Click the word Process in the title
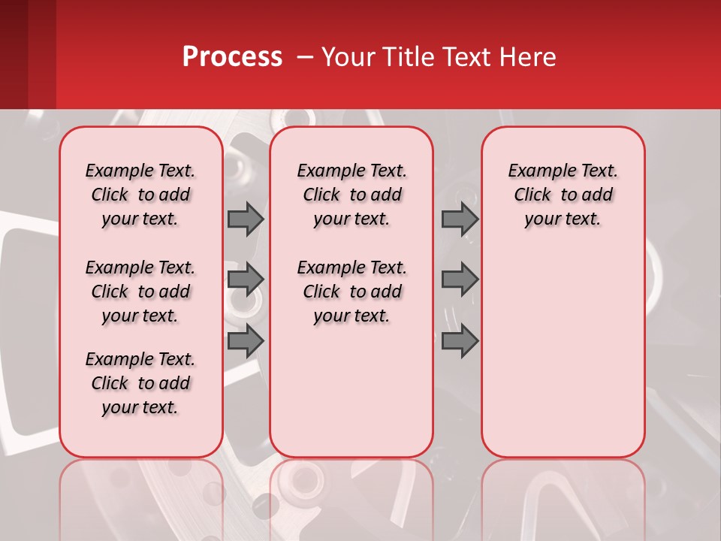pos(232,57)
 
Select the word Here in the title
pos(526,57)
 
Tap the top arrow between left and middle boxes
pos(246,219)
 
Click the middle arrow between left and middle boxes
pos(246,280)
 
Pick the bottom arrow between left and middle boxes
pos(246,341)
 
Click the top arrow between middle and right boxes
pos(460,219)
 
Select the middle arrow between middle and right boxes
pos(460,280)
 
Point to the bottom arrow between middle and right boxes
pos(460,341)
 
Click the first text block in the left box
pos(140,195)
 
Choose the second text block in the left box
pos(140,292)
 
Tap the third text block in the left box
pos(140,383)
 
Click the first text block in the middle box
pos(351,195)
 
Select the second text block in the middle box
pos(351,292)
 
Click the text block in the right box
pos(563,195)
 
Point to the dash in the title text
pos(305,57)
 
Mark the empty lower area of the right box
pos(563,353)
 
